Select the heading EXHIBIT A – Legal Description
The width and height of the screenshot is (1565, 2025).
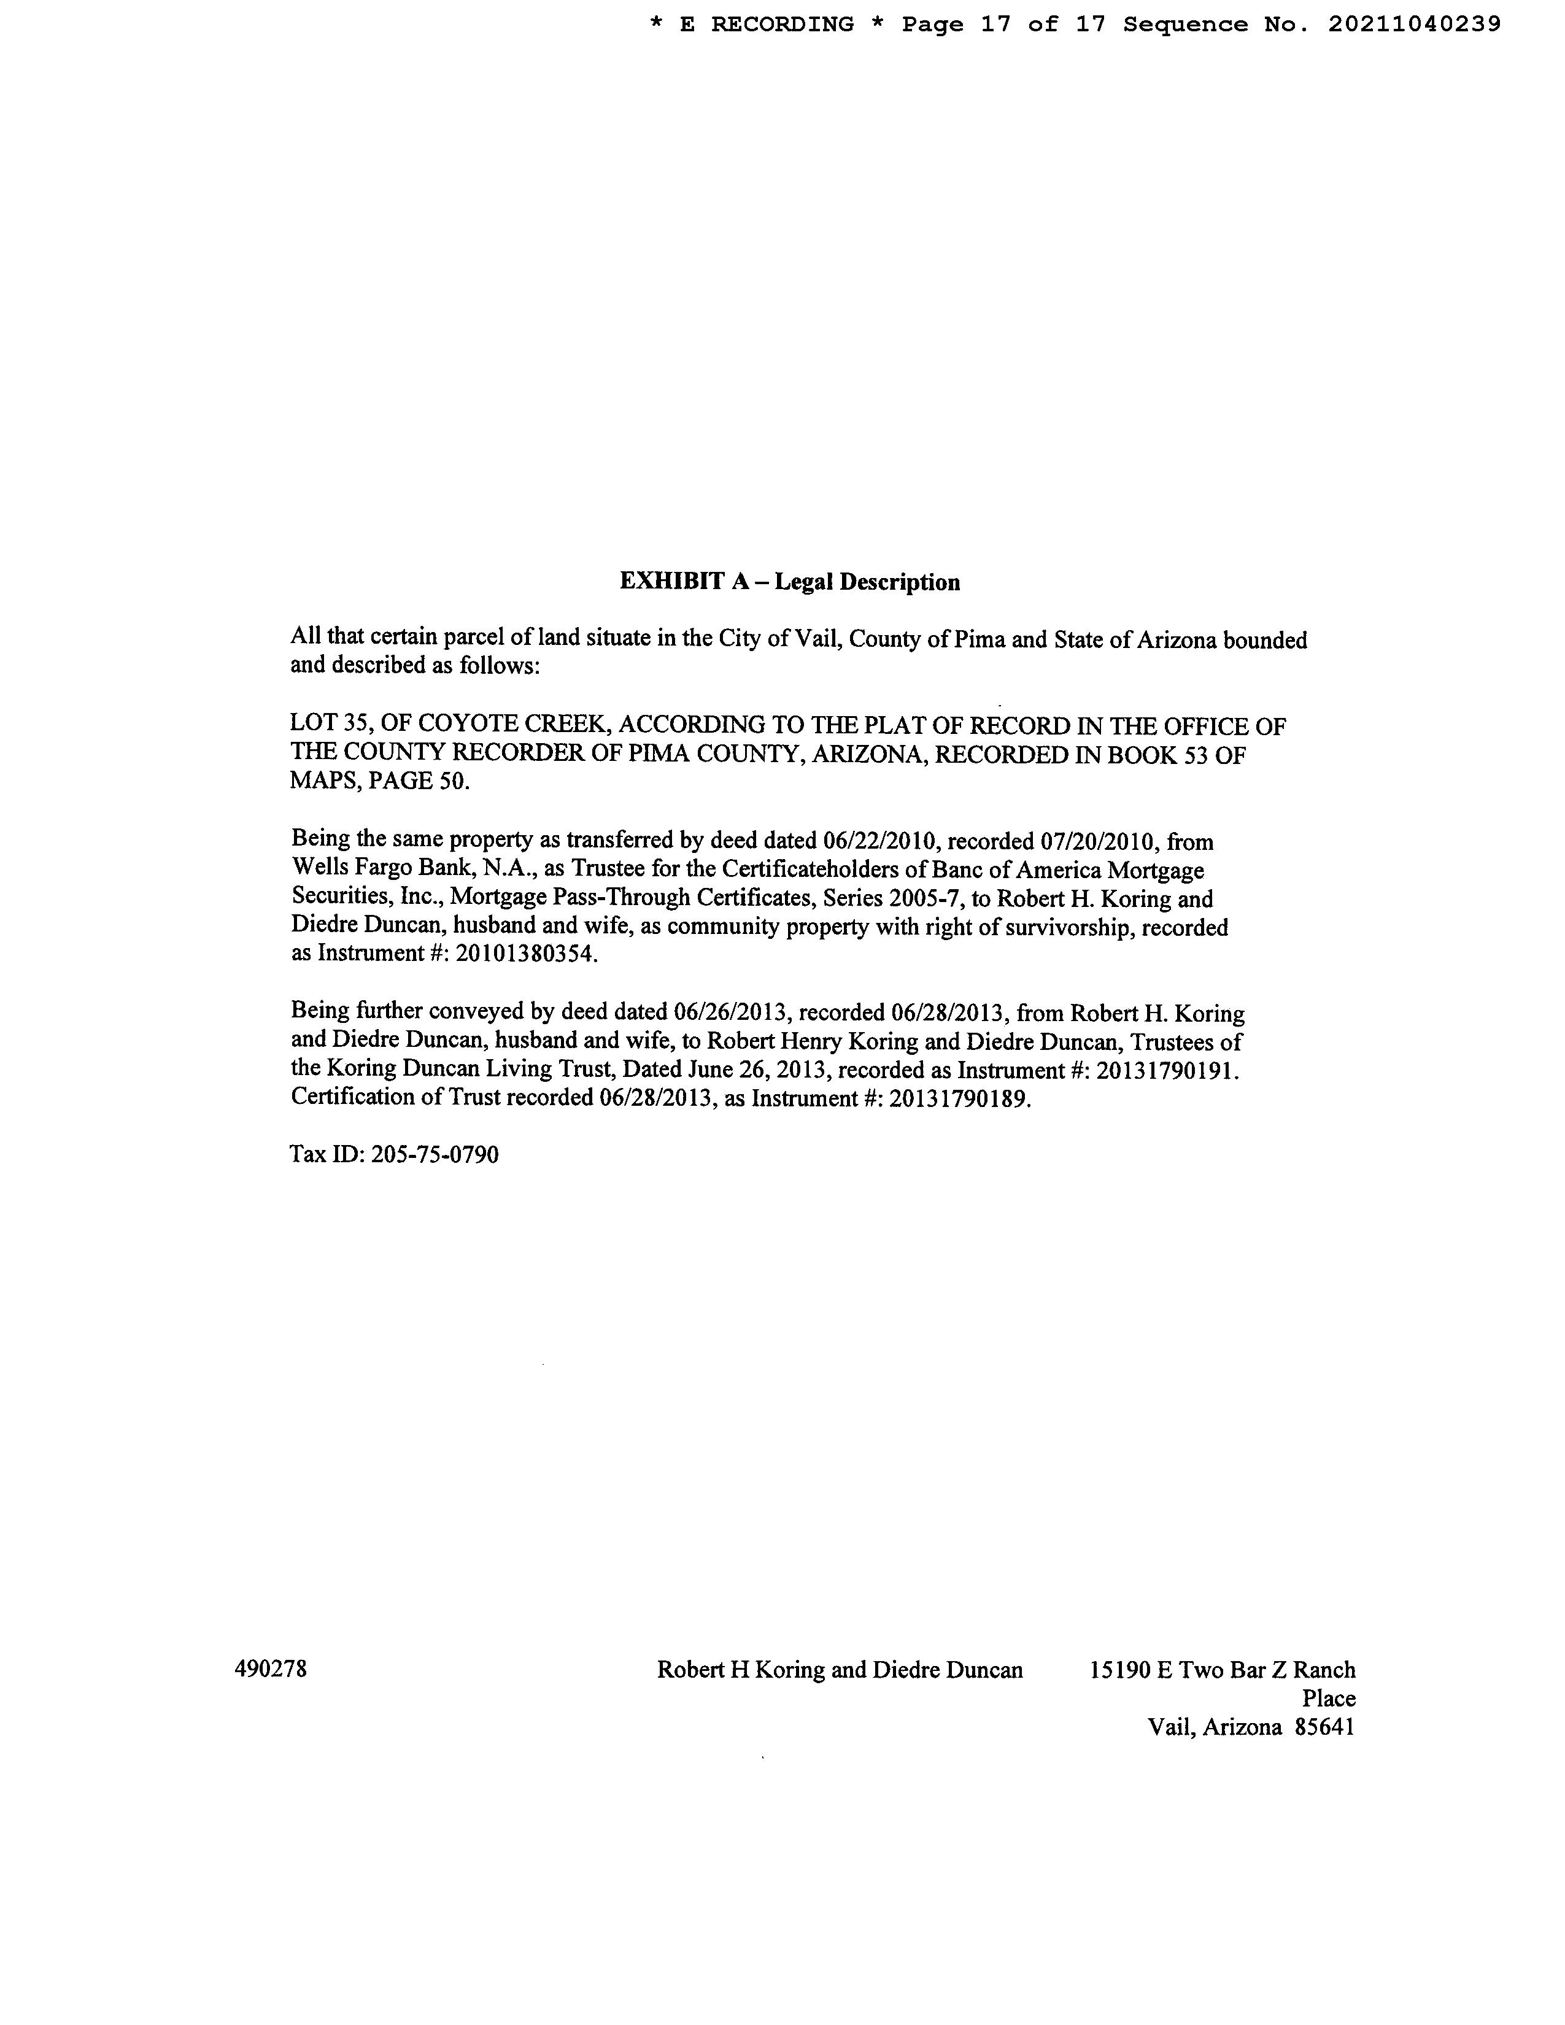click(789, 582)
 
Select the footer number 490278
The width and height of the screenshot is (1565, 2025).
click(271, 1669)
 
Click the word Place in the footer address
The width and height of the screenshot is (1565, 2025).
click(1329, 1699)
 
